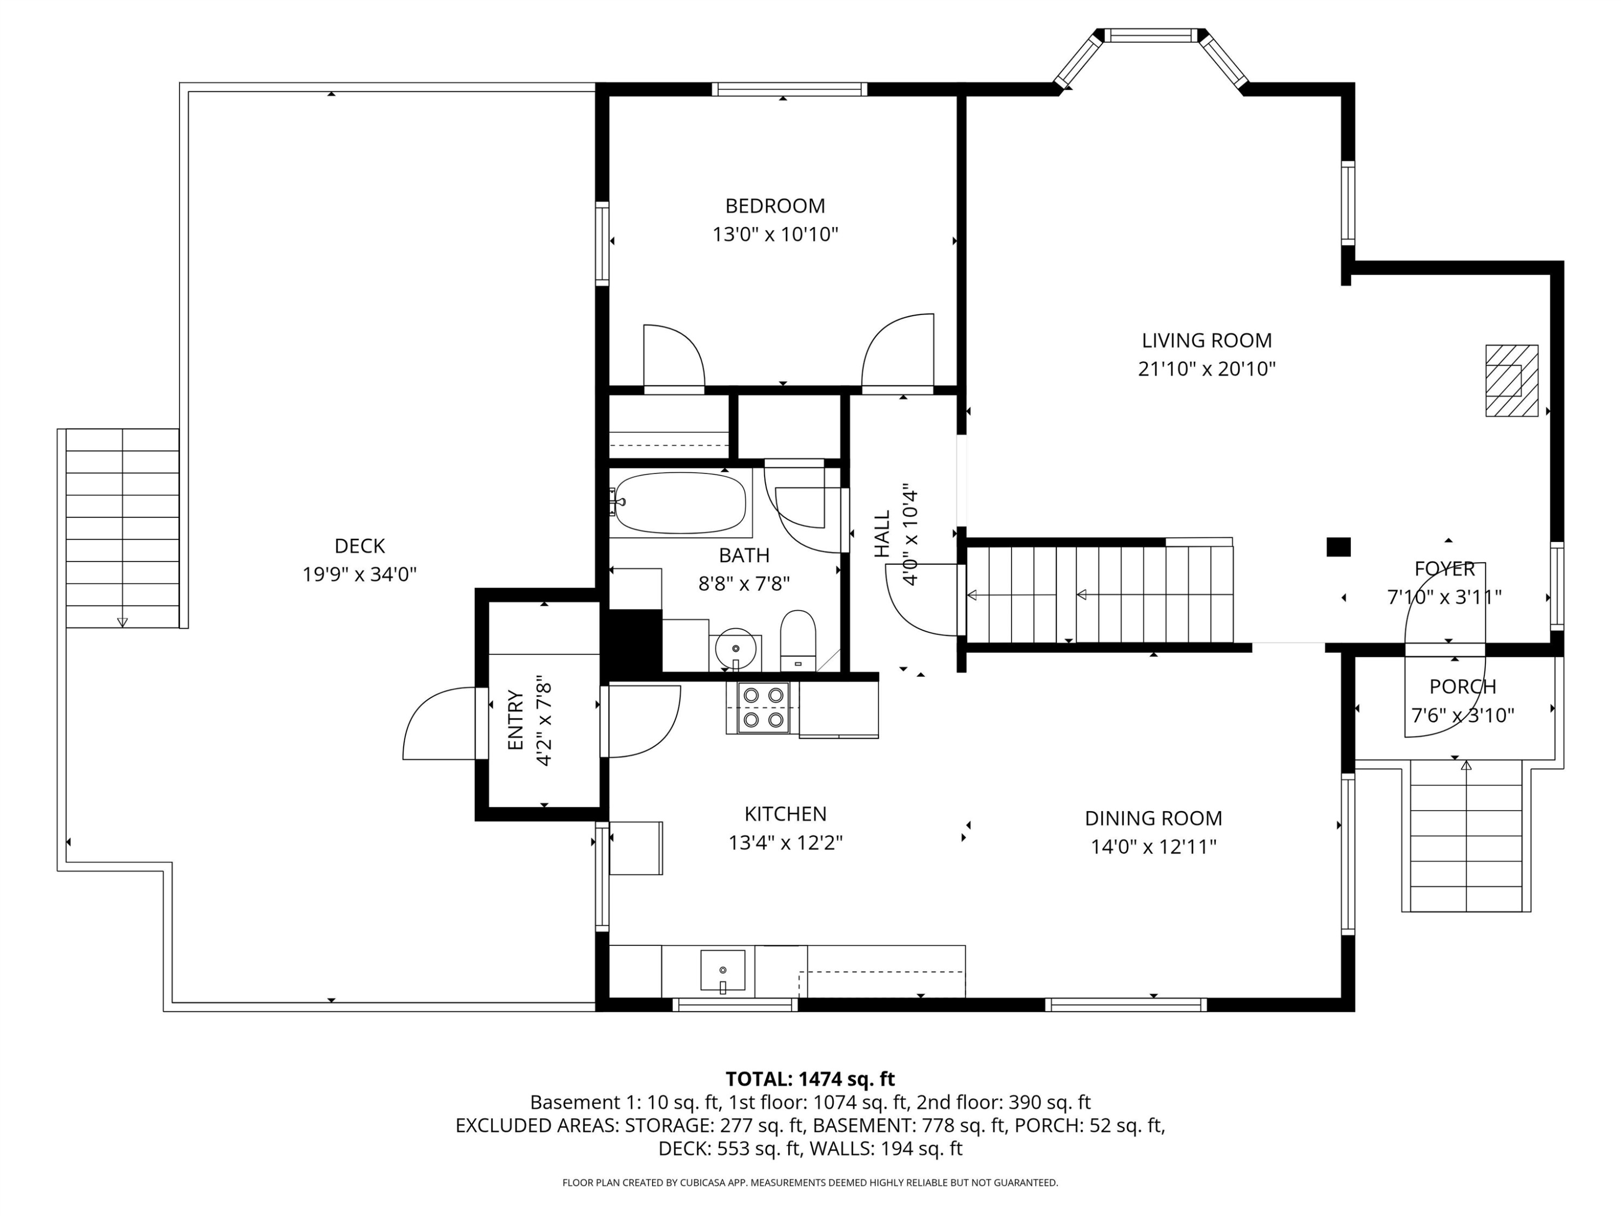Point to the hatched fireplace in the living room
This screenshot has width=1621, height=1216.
coord(1511,380)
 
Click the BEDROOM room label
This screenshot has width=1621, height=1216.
coord(775,206)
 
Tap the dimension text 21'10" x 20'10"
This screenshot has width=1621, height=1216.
coord(1206,369)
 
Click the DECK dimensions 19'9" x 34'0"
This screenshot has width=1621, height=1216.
coord(359,574)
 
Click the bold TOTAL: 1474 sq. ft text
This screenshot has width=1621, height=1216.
coord(810,1079)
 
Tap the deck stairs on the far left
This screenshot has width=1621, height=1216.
coord(122,527)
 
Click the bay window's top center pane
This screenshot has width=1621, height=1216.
coord(1150,35)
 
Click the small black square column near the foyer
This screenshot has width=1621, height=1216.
coord(1338,547)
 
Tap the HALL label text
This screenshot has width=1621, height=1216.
coord(882,533)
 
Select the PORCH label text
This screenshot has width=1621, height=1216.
coord(1462,687)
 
